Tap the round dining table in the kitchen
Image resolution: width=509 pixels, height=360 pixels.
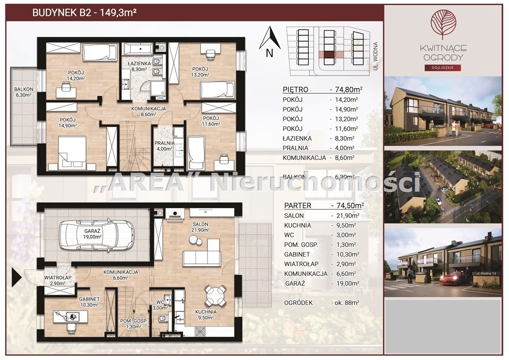click(x=215, y=296)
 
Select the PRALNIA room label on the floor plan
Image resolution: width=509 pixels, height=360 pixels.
click(x=165, y=143)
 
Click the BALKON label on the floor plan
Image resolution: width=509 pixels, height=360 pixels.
click(x=23, y=89)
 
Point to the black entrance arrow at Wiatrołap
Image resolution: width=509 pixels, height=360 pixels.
click(x=16, y=278)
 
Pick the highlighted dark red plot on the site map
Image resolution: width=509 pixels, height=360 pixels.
click(x=329, y=55)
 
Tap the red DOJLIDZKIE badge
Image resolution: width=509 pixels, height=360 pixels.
click(x=443, y=68)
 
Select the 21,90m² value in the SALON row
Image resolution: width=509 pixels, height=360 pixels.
click(x=345, y=215)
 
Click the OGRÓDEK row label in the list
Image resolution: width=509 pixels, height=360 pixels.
click(x=299, y=303)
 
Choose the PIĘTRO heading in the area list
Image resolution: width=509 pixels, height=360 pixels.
click(x=296, y=90)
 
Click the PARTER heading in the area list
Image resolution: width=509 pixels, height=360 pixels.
click(x=298, y=206)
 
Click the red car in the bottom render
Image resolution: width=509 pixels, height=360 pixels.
click(x=452, y=278)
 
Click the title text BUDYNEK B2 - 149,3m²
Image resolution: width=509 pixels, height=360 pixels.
click(x=84, y=13)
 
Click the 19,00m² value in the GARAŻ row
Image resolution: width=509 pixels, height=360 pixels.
click(x=345, y=284)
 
